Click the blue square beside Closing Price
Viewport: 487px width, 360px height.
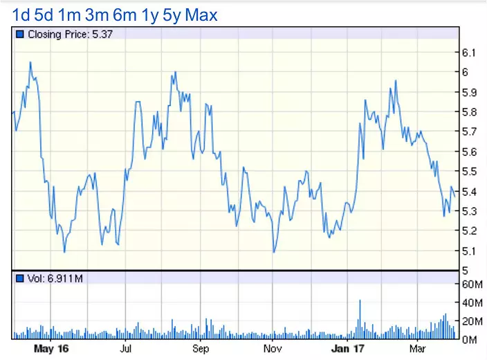19,34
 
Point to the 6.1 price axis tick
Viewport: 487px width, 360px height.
469,53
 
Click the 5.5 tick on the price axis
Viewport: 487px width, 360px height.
469,171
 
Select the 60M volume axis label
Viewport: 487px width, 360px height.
470,284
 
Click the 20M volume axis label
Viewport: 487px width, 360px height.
470,321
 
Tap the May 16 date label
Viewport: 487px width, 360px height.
51,349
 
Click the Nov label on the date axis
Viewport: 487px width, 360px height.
273,349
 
